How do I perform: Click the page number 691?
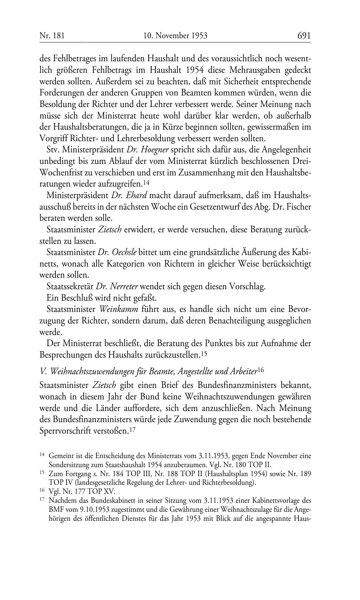pyautogui.click(x=304, y=35)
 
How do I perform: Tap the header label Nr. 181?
pyautogui.click(x=52, y=35)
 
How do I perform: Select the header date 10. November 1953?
pyautogui.click(x=175, y=35)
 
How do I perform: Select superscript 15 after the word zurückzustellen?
pyautogui.click(x=204, y=354)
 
